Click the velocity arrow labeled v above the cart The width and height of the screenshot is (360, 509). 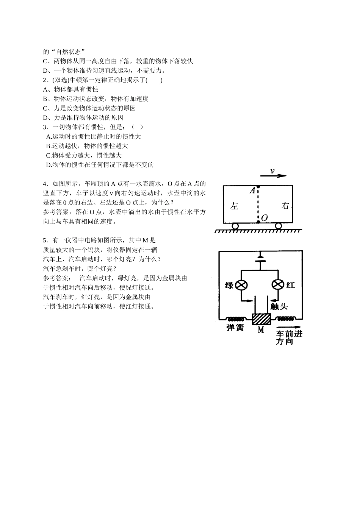point(273,176)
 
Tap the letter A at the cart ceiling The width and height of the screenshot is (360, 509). point(252,190)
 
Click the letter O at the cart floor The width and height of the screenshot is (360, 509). point(264,218)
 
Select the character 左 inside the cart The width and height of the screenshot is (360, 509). point(234,206)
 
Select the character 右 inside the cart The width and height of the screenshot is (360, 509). point(285,206)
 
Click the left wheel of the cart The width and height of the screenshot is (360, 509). point(235,226)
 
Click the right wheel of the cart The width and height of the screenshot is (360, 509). point(279,226)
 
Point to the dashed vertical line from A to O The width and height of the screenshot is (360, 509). point(258,204)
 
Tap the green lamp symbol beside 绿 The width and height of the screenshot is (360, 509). point(241,285)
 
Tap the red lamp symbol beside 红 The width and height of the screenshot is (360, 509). point(278,285)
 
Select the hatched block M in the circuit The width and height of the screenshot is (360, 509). point(261,319)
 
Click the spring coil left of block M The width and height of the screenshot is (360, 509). point(236,319)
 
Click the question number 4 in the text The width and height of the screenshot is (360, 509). point(45,184)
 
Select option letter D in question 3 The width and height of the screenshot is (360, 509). point(48,165)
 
